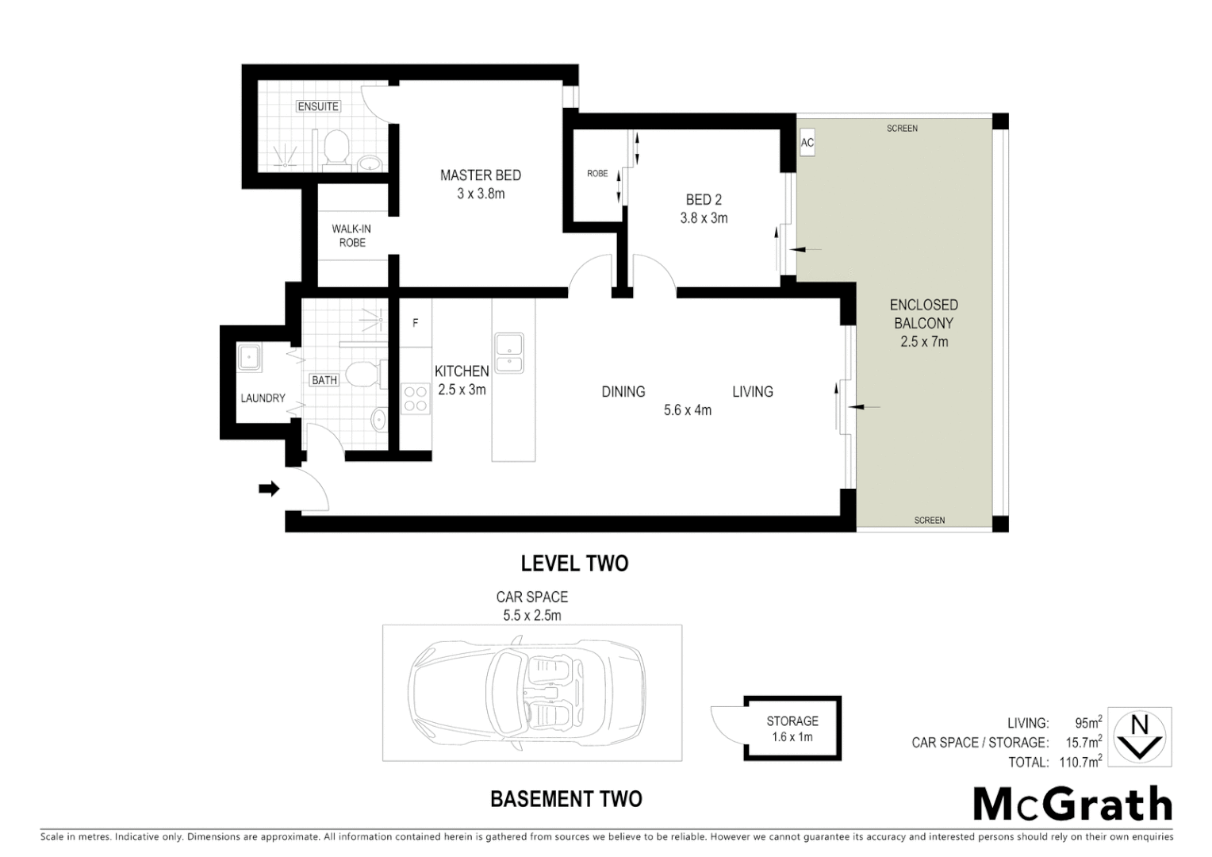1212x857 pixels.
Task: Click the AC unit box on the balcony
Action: coord(807,143)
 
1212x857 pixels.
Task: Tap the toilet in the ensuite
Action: coord(337,149)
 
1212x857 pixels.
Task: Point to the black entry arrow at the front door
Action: coord(270,489)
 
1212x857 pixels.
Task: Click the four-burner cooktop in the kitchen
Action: coord(415,398)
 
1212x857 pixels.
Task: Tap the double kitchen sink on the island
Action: coord(508,353)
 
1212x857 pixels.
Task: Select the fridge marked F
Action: coord(415,323)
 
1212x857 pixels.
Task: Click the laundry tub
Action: coord(250,358)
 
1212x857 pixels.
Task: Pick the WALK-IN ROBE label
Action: coord(351,236)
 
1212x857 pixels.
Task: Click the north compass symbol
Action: coord(1139,737)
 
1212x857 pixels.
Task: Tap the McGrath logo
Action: coord(1072,805)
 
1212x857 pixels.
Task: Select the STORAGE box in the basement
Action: coord(792,728)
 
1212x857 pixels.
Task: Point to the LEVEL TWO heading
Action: coord(574,563)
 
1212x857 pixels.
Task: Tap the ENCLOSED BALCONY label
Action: coord(923,323)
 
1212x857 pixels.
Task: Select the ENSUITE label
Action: coord(318,106)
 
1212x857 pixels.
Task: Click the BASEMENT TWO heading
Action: coord(566,798)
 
